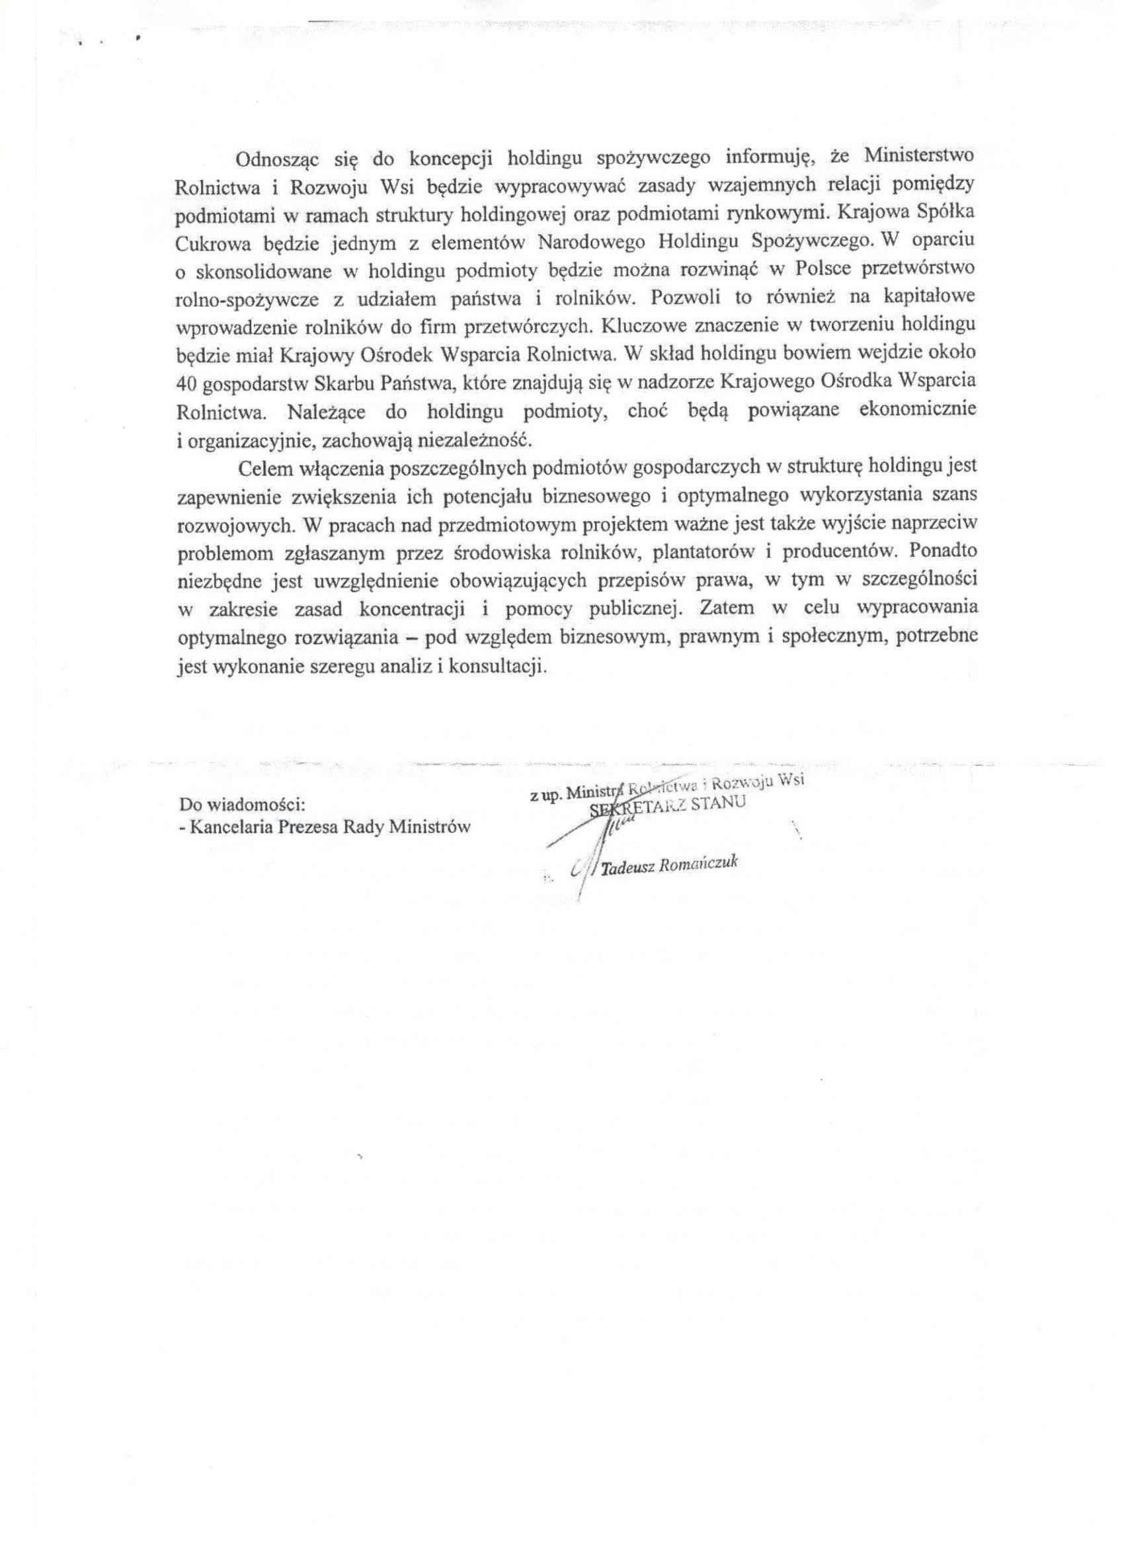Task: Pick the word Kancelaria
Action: point(226,827)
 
